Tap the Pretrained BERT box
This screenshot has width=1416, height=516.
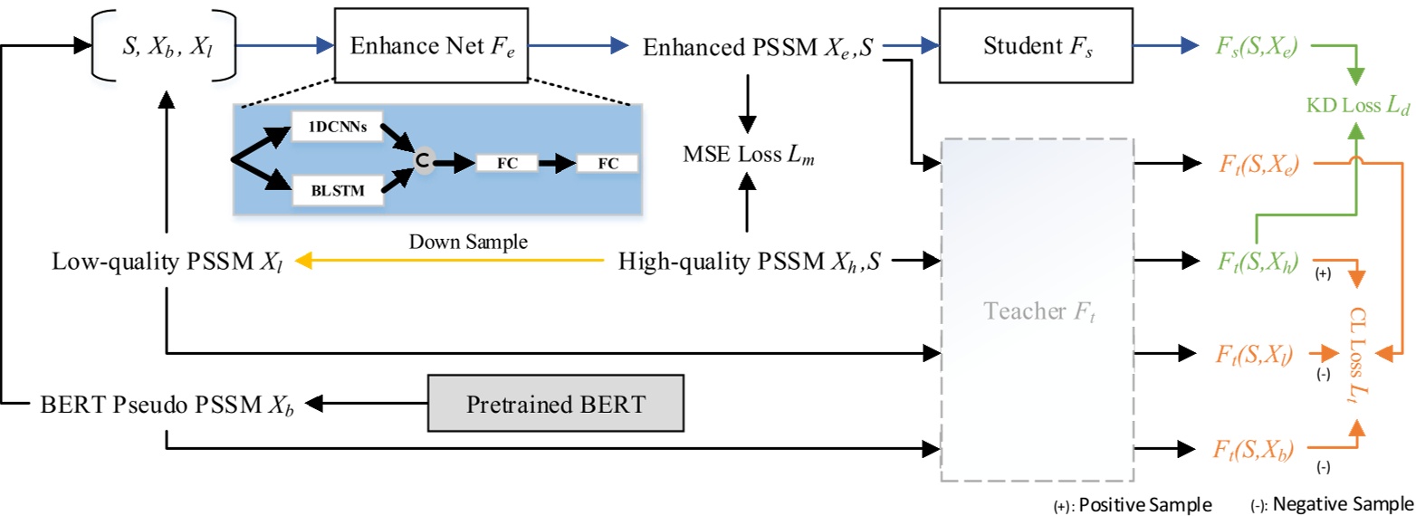coord(556,403)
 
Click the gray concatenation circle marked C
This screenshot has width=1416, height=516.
coord(421,160)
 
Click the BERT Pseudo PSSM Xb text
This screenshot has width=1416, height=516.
coord(167,403)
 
